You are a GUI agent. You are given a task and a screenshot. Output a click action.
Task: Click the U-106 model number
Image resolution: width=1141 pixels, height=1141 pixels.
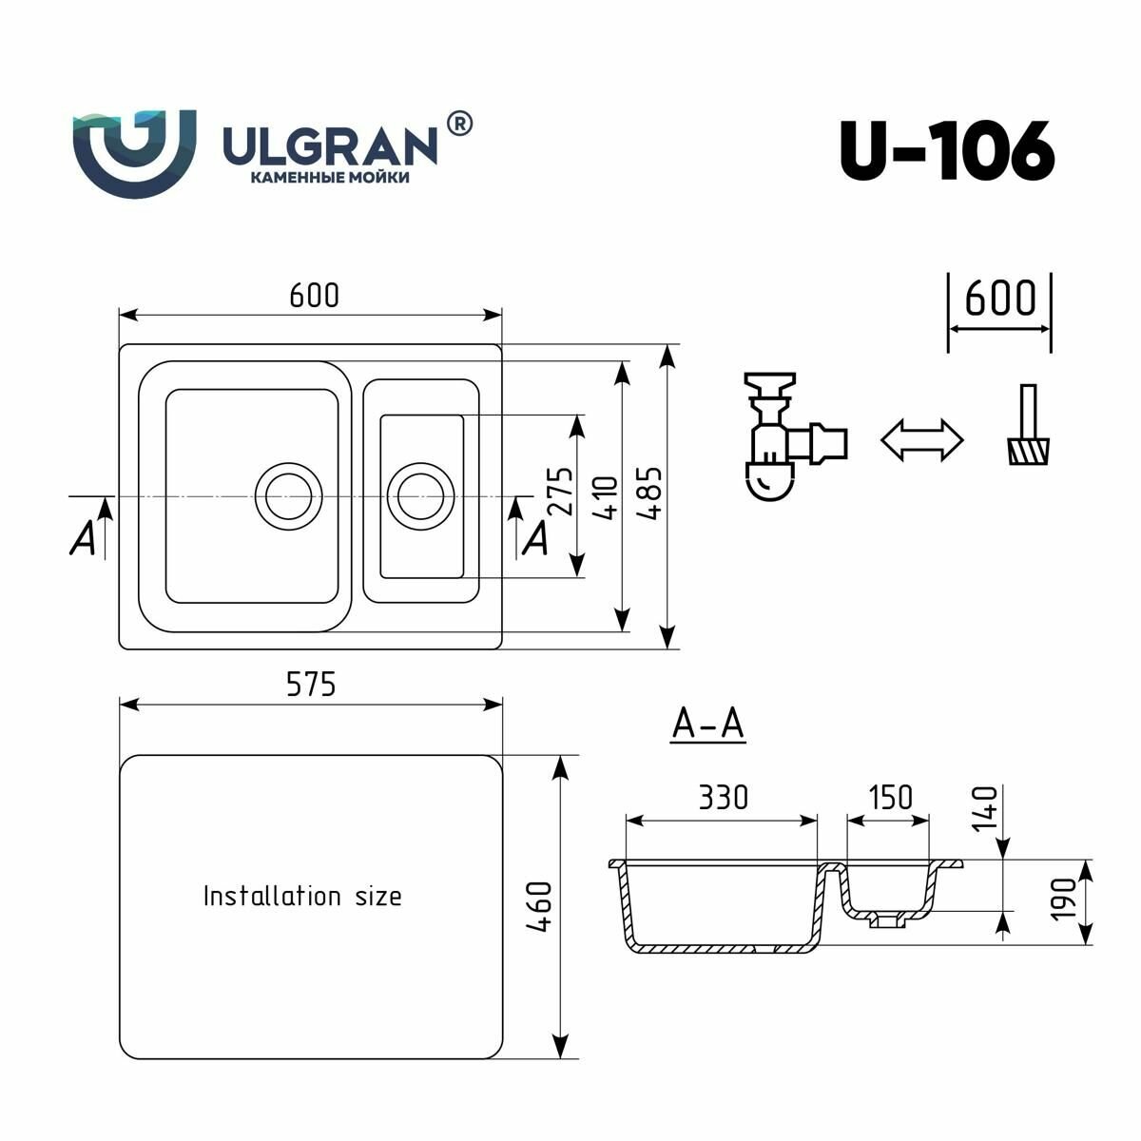946,150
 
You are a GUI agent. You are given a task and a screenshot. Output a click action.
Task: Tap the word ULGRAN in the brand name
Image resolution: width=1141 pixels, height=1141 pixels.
329,145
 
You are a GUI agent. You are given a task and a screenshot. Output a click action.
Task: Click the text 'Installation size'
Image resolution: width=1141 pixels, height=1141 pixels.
302,896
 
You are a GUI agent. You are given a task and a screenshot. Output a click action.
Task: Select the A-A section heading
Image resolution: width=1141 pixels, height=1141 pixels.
707,725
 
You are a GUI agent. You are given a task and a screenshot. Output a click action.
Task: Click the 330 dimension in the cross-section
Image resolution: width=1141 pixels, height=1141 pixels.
723,797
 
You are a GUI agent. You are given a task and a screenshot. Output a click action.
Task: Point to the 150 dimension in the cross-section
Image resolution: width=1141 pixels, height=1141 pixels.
889,797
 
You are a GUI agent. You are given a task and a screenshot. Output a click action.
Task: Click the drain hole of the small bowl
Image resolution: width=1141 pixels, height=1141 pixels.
416,495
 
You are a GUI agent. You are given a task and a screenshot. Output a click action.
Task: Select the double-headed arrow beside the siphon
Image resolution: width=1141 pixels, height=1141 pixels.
921,439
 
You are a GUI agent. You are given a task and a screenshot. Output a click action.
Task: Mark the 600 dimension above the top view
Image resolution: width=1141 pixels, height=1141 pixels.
314,296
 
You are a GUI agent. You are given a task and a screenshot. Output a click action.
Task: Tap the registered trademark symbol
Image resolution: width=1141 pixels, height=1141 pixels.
458,124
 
